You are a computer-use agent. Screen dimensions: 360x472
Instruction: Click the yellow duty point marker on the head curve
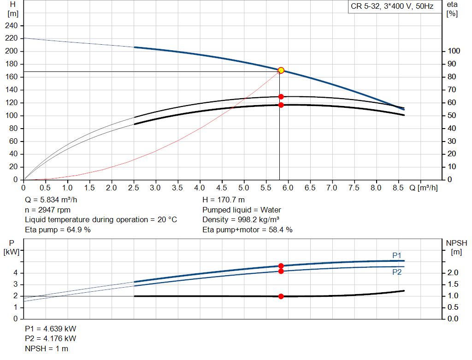coord(281,71)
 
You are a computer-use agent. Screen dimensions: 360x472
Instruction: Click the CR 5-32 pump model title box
coord(392,7)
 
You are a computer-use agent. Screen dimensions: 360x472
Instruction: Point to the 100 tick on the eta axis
coord(454,51)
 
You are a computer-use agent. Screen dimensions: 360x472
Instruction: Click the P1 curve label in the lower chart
coord(397,255)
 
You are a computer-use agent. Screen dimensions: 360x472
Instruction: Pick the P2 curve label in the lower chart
coord(397,272)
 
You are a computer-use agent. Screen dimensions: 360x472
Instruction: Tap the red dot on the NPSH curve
coord(281,296)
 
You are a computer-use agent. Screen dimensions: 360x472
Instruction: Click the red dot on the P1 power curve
coord(281,266)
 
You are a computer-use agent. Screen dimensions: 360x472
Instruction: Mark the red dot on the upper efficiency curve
coord(281,97)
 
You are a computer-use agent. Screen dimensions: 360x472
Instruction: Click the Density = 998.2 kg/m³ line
coord(242,220)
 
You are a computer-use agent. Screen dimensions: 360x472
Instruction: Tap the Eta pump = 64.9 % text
coord(58,230)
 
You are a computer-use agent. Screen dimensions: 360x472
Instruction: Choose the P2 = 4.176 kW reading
coord(51,339)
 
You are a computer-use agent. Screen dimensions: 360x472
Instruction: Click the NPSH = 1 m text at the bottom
coord(47,348)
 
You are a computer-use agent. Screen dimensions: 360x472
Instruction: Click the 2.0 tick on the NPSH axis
coord(453,273)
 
